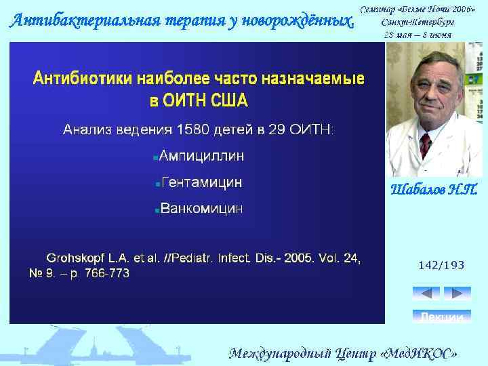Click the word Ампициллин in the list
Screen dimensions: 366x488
click(x=202, y=157)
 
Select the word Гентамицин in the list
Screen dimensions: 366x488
click(x=201, y=183)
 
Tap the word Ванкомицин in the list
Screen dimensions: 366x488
click(x=201, y=209)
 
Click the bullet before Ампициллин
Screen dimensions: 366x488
click(x=155, y=158)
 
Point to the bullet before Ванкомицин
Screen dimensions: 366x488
click(x=157, y=211)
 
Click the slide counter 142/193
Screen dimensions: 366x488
click(x=441, y=266)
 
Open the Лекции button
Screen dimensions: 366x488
click(x=441, y=317)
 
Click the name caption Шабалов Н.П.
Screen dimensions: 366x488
click(x=434, y=189)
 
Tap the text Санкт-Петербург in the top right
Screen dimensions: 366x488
click(x=418, y=22)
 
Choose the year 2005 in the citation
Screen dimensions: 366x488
click(x=298, y=258)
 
